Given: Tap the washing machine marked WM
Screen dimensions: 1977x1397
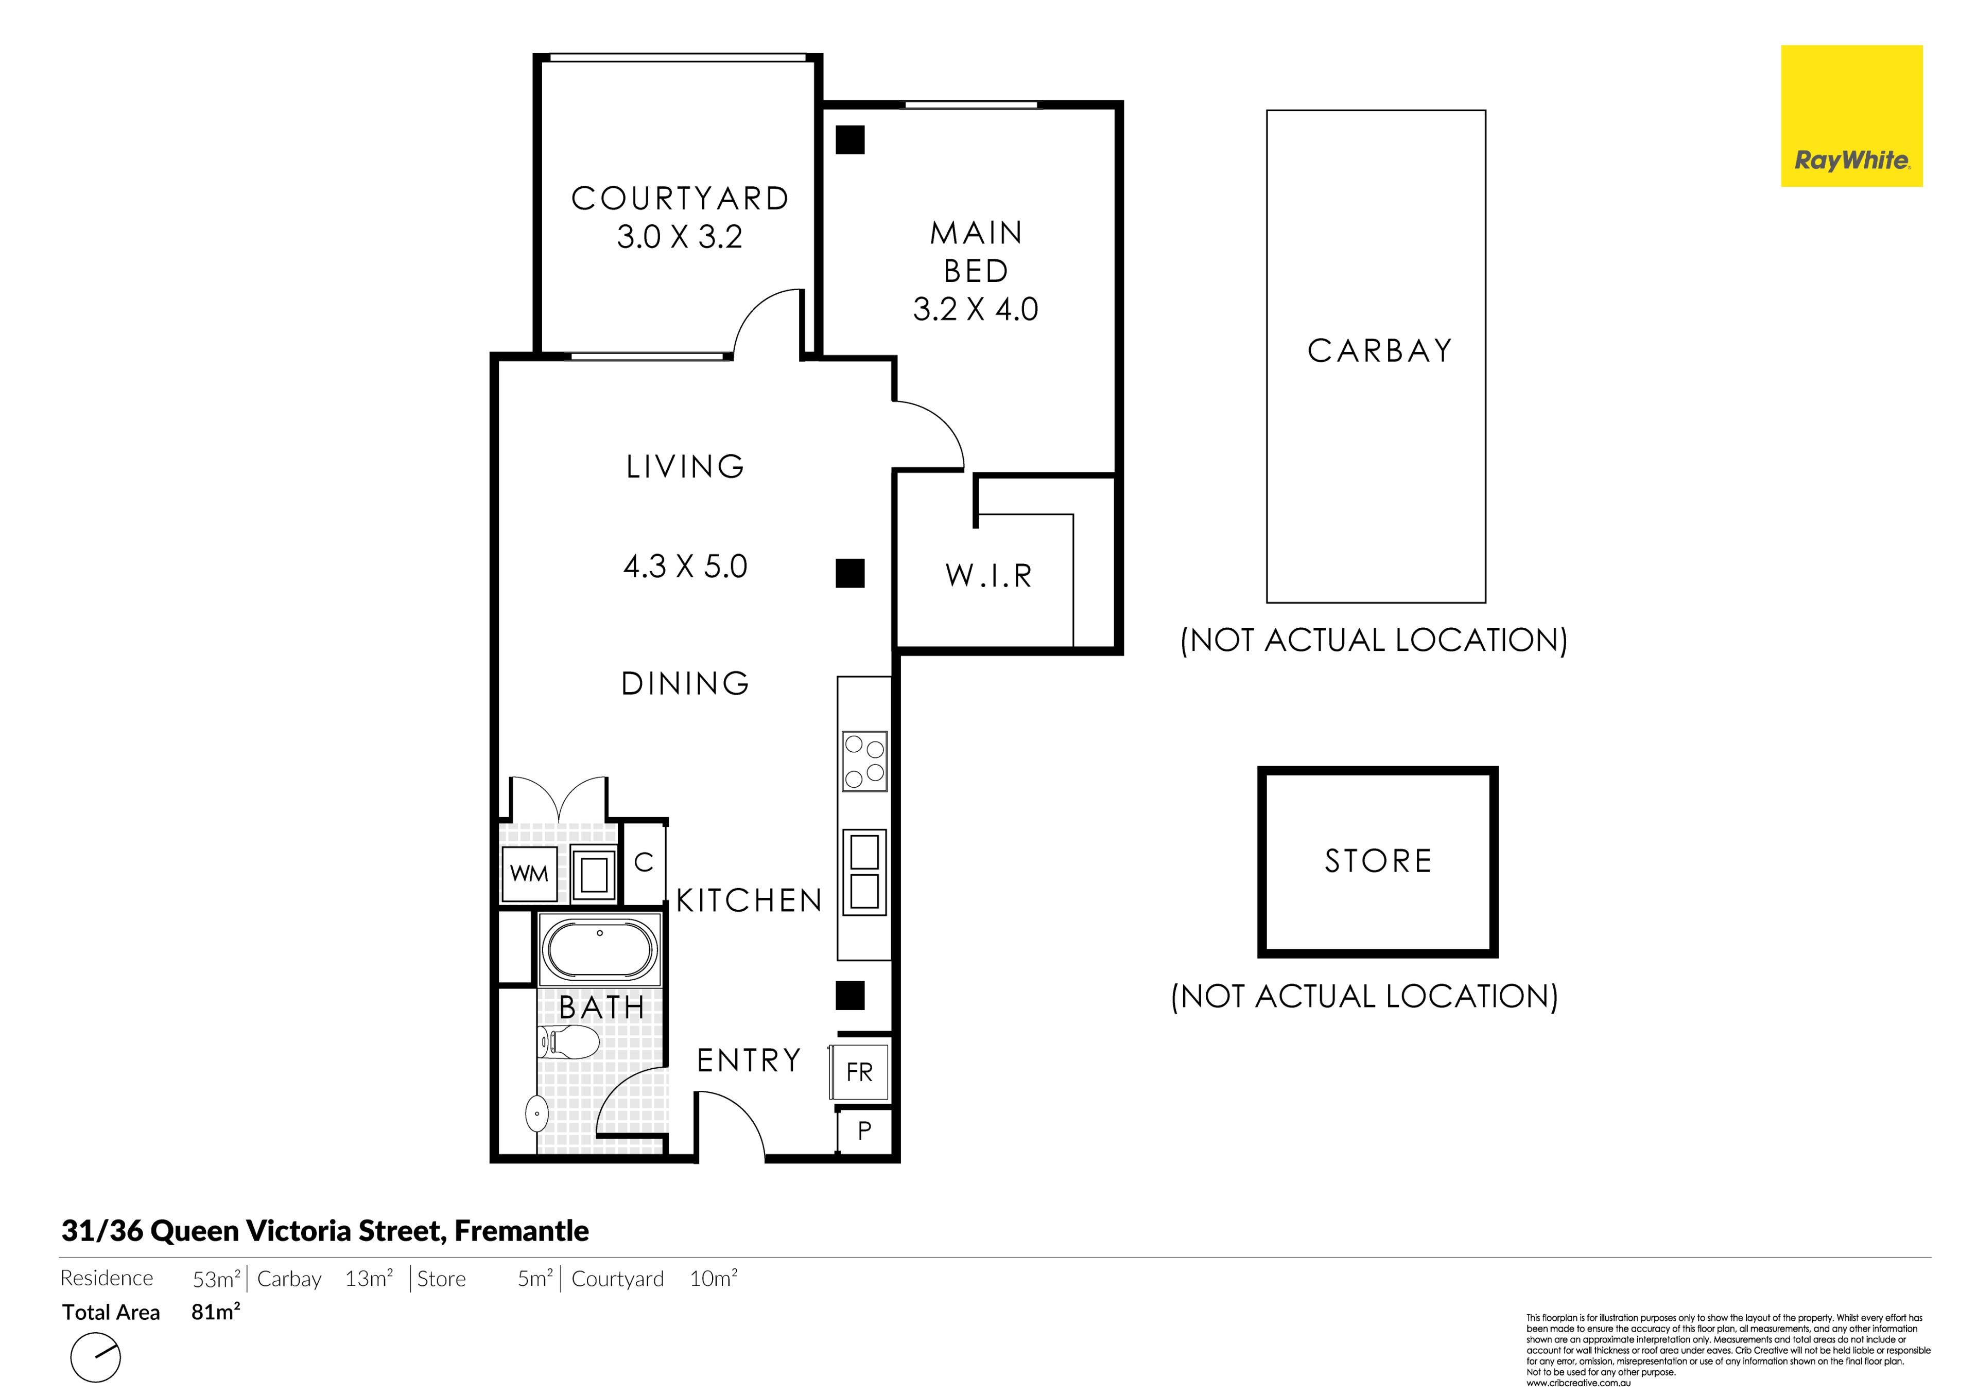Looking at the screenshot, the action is coord(529,874).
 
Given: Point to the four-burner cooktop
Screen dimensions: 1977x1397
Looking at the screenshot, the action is coord(864,761).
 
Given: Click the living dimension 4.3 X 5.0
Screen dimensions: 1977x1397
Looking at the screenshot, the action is coord(685,567).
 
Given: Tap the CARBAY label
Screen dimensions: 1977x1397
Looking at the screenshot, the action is coord(1379,350).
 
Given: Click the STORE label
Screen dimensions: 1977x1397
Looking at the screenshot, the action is coord(1378,861).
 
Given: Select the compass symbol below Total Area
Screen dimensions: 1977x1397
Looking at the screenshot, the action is coord(96,1357).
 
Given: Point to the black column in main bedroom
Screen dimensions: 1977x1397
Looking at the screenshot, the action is coord(851,139).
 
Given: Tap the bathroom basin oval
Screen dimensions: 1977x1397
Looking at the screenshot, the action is coord(536,1114).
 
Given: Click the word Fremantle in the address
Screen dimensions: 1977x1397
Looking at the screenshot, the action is coord(522,1231).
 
